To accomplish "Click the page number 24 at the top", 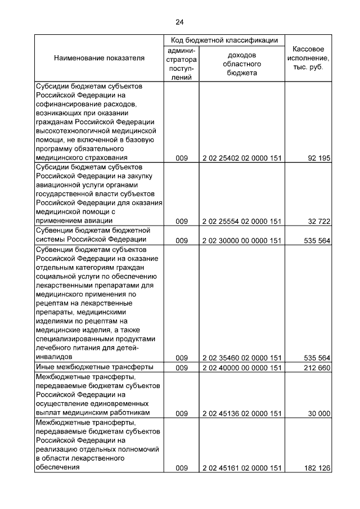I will click(x=179, y=22).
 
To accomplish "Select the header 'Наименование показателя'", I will click(x=99, y=58).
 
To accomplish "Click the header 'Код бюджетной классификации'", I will click(x=224, y=40).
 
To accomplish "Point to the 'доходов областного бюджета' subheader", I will click(x=242, y=64).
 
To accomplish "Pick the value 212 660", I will click(x=317, y=368).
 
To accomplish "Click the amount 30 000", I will click(x=318, y=413).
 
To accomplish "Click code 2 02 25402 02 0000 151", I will click(x=241, y=158).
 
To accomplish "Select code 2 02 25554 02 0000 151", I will click(x=241, y=222).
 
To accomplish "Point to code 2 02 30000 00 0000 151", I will click(x=241, y=241).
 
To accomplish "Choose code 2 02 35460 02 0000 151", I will click(x=241, y=358).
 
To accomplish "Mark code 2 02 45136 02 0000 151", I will click(x=241, y=413).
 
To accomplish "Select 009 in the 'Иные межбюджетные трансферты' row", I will click(x=181, y=368).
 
